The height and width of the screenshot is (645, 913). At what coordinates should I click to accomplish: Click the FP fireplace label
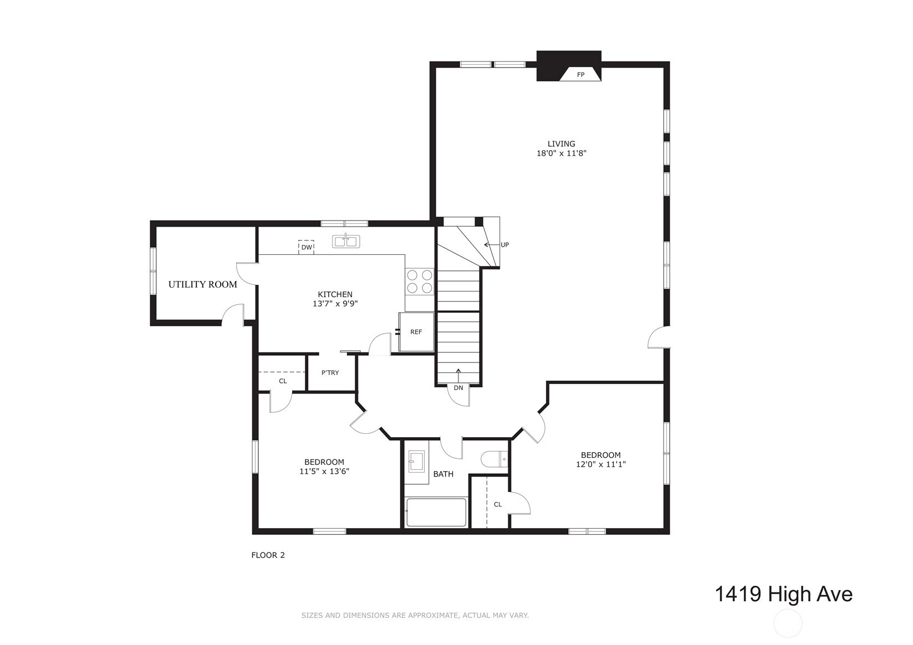(x=580, y=74)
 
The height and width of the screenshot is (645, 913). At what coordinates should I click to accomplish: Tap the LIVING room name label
(x=561, y=144)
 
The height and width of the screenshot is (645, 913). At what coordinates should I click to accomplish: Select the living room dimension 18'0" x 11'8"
(x=561, y=153)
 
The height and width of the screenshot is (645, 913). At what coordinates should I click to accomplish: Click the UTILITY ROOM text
(x=202, y=284)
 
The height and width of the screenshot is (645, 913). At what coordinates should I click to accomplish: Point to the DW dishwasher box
(x=307, y=247)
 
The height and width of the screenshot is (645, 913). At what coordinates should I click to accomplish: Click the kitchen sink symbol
(x=346, y=241)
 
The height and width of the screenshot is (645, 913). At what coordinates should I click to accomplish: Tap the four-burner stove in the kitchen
(x=420, y=281)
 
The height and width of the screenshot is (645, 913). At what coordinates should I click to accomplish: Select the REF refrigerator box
(x=416, y=332)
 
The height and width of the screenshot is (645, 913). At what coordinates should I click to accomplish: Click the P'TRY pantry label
(x=330, y=373)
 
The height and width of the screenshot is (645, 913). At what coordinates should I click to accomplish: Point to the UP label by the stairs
(x=504, y=245)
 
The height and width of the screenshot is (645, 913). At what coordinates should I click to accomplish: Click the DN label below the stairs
(x=458, y=388)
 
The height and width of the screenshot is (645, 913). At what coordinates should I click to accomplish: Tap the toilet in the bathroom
(x=494, y=459)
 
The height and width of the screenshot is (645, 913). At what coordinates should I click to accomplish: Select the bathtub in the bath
(x=436, y=513)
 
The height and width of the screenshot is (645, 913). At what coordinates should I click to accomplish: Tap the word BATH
(x=443, y=474)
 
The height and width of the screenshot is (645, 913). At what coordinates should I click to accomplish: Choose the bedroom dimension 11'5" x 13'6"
(x=324, y=472)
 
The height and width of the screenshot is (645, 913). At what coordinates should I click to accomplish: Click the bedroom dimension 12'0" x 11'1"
(x=600, y=465)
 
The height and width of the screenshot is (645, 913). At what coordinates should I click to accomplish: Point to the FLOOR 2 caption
(x=268, y=555)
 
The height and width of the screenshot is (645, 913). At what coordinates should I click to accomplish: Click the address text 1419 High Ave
(x=783, y=594)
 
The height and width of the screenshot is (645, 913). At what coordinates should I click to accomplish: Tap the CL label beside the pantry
(x=283, y=381)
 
